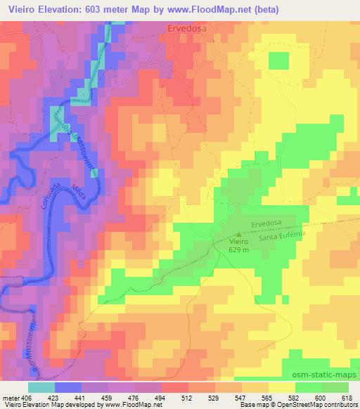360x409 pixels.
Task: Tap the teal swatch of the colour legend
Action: pos(41,387)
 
